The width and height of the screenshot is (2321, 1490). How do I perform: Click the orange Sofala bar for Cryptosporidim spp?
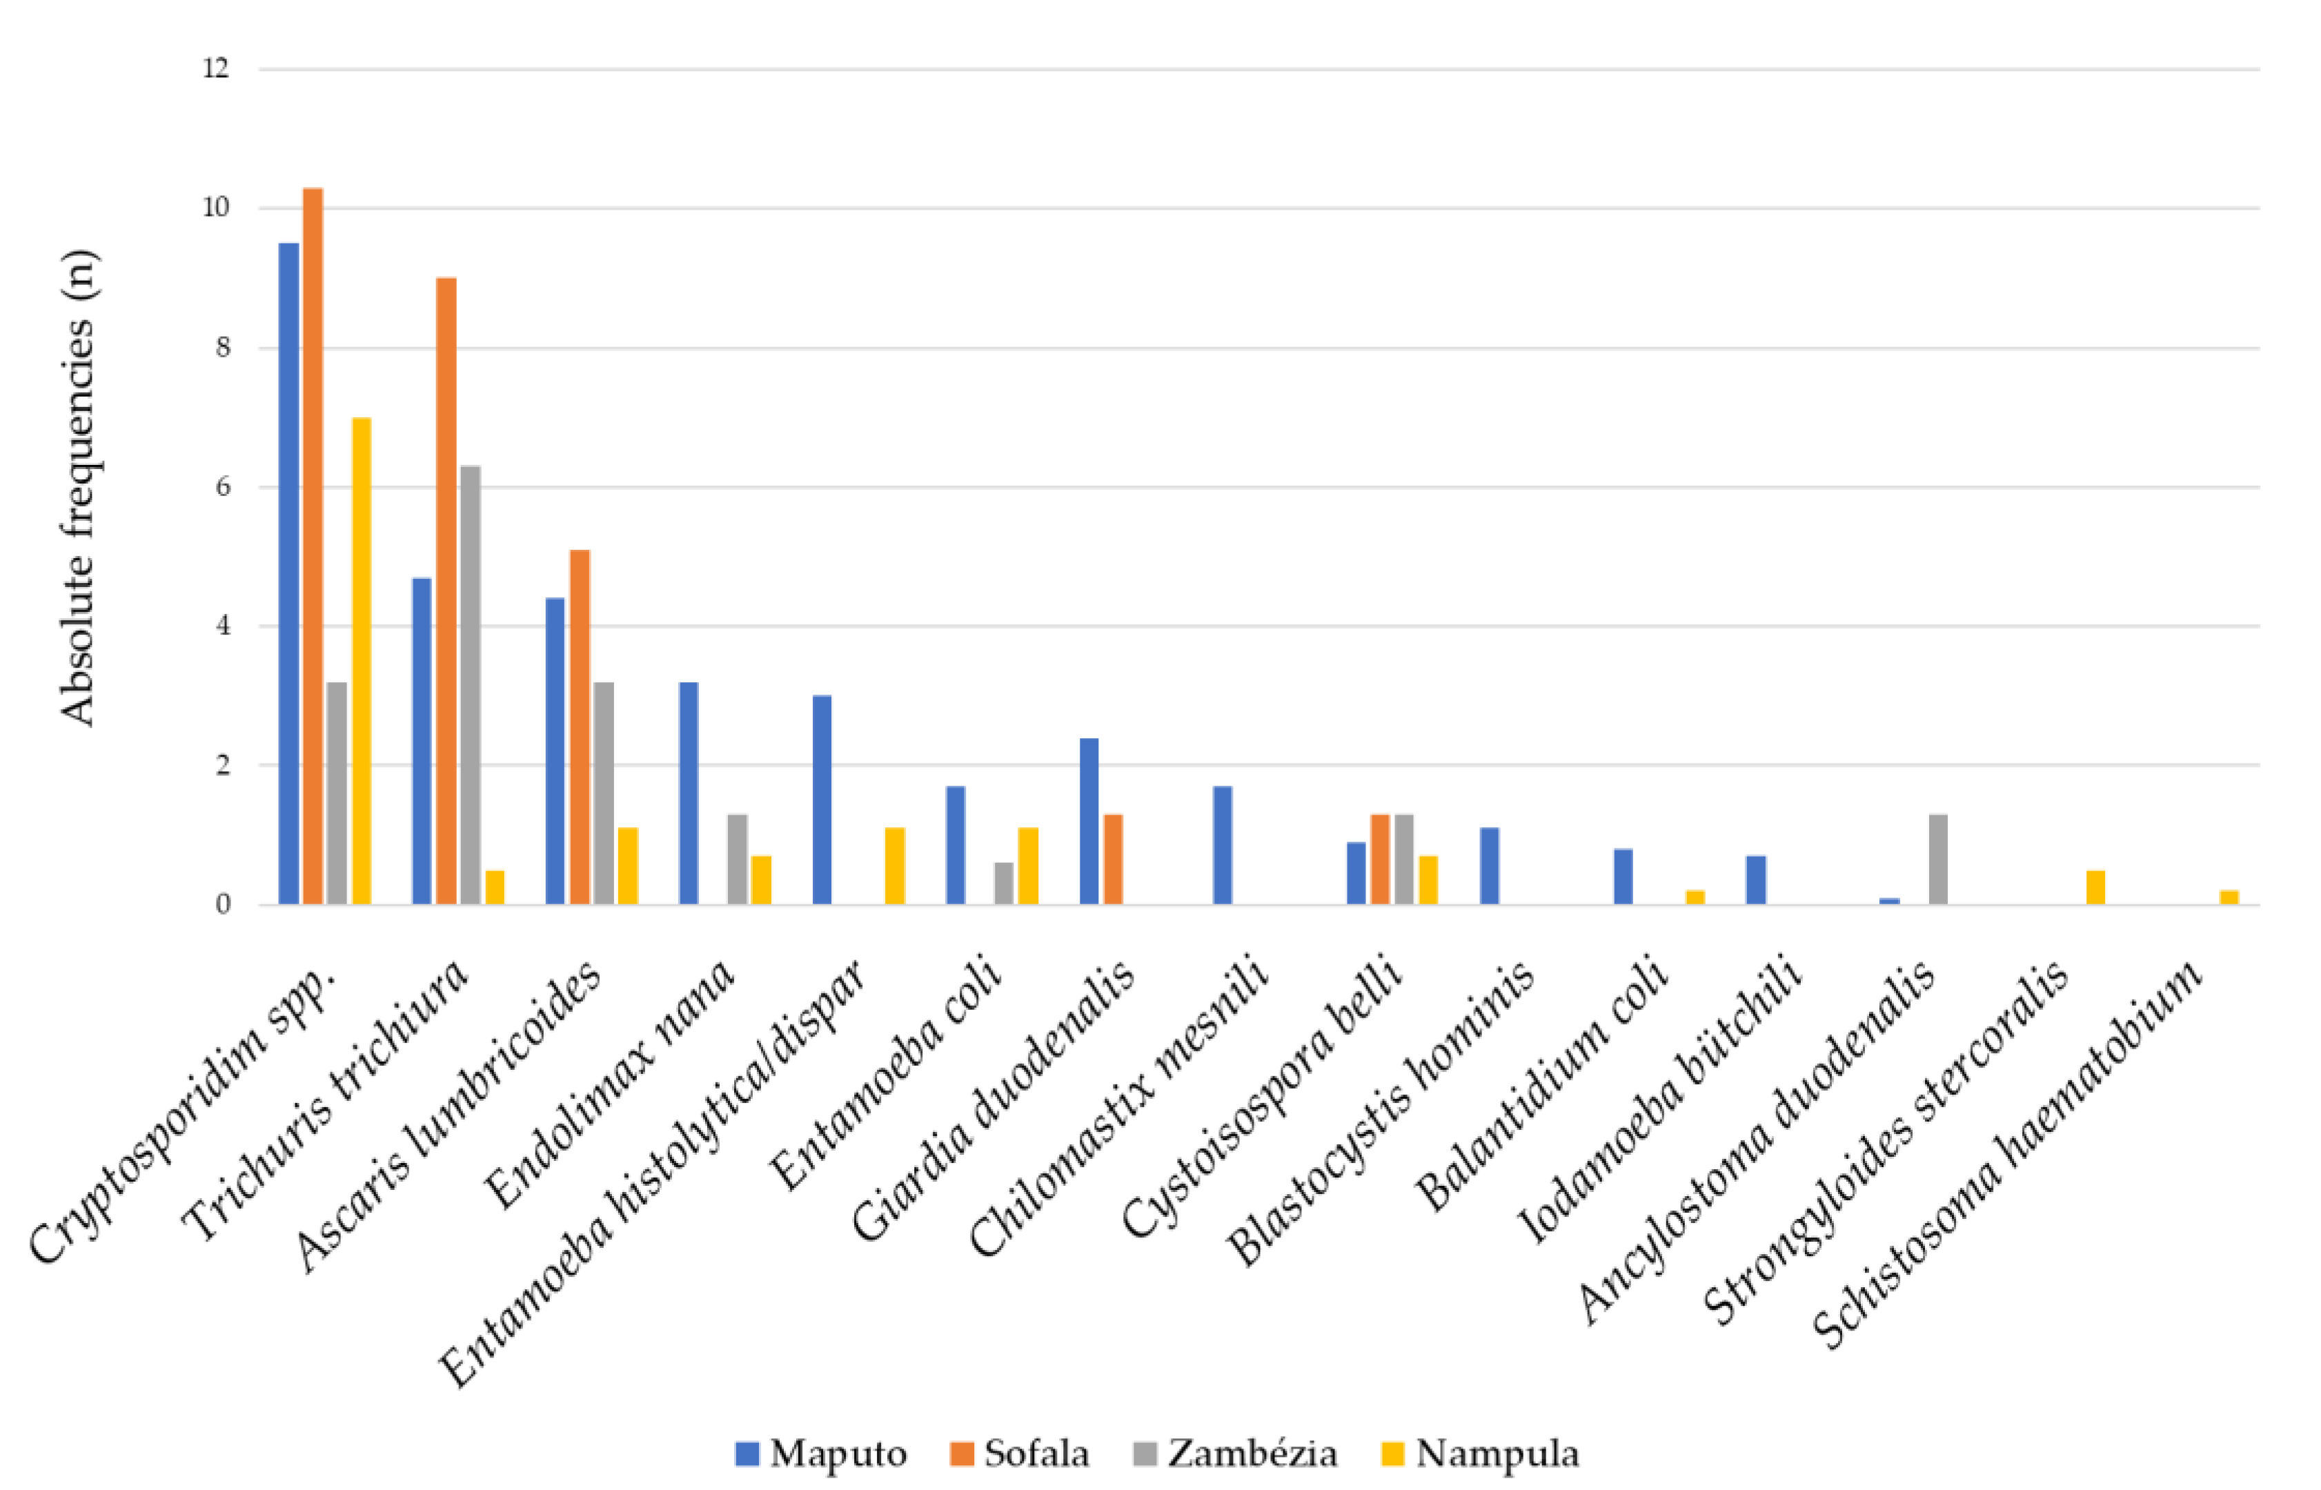313,546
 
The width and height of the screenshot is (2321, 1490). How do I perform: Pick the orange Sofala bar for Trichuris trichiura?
446,591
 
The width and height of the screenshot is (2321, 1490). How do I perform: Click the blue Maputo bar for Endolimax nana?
689,793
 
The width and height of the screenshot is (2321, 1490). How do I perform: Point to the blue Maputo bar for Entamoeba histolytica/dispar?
822,800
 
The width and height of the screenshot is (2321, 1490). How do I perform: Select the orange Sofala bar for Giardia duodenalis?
1113,860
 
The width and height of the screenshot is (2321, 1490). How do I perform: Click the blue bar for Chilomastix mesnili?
1223,846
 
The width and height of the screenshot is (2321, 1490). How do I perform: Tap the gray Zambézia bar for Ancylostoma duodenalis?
1938,860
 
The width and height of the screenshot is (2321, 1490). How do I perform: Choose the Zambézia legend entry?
1236,1453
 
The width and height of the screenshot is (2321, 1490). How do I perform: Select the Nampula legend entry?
1480,1453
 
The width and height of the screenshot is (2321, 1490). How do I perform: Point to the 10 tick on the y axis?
216,208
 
